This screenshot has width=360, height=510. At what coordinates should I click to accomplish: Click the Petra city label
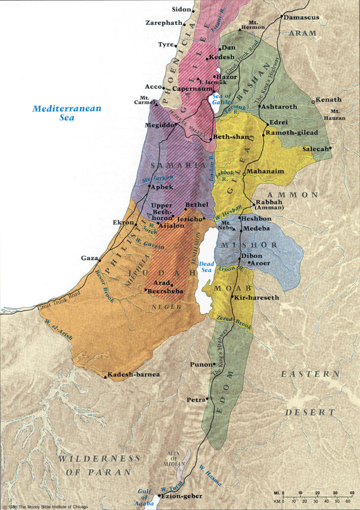[x=195, y=400]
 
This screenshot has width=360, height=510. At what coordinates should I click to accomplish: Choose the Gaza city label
[x=90, y=258]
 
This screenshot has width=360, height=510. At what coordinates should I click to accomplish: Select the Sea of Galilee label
[x=221, y=100]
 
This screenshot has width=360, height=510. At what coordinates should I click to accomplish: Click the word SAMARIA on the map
[x=177, y=165]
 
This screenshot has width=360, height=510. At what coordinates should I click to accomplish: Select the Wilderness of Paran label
[x=98, y=465]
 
